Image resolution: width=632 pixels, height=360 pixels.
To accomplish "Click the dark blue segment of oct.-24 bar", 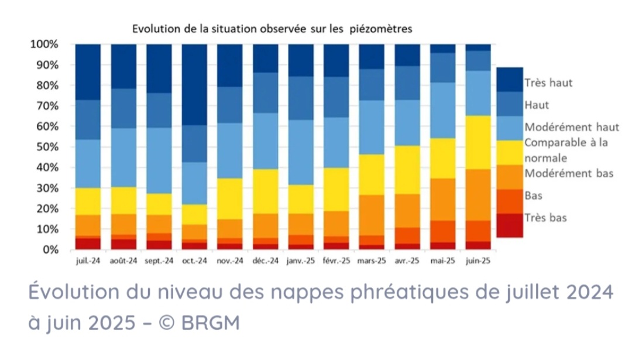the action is tap(194, 85).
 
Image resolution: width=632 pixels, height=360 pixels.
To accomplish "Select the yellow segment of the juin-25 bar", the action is tap(478, 142).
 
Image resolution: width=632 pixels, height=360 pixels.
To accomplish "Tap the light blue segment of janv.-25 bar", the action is tap(301, 152).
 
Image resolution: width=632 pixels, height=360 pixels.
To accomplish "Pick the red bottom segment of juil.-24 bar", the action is tap(88, 244).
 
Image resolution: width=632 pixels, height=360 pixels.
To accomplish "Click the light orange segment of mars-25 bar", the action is tap(372, 215).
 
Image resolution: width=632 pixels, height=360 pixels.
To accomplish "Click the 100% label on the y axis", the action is tap(44, 44).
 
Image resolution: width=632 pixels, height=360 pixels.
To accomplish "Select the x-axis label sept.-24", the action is tap(159, 261).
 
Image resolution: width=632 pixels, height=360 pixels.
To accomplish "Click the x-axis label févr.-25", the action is tap(336, 261).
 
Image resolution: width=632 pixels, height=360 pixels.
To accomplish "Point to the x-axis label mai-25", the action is tap(442, 261).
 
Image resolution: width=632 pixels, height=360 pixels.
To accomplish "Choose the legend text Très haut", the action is tap(548, 83).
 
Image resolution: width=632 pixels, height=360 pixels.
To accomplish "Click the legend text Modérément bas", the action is tap(569, 173).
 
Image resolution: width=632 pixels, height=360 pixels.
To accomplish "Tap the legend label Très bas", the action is tap(545, 218).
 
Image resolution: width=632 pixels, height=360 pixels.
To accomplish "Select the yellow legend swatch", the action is tap(510, 153).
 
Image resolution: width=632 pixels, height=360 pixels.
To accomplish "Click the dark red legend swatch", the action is tap(510, 225).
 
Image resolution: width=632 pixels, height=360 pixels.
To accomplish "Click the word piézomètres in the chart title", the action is tap(381, 29).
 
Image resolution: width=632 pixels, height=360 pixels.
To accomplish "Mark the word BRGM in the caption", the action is tap(211, 323).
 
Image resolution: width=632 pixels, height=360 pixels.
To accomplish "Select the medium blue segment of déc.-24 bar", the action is tap(265, 92).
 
